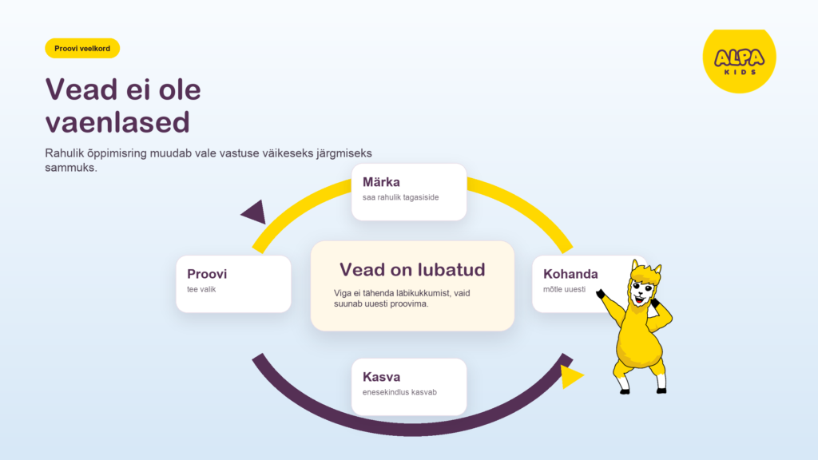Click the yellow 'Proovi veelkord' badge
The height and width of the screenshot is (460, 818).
click(82, 49)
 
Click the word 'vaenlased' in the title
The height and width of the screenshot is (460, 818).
click(117, 122)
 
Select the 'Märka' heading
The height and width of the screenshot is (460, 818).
click(381, 182)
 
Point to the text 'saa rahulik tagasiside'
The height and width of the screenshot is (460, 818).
click(401, 198)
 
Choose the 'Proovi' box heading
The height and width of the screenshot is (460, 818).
click(207, 274)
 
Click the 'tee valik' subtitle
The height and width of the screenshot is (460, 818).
click(201, 289)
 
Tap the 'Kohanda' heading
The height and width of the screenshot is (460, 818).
click(570, 274)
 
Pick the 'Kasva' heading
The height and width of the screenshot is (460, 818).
click(381, 377)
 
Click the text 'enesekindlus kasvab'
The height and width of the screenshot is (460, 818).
click(399, 392)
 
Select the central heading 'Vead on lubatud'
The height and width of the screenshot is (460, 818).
click(412, 270)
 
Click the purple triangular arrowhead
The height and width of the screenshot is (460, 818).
click(255, 212)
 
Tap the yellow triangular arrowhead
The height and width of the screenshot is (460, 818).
click(571, 377)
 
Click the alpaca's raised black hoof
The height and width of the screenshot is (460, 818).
click(601, 294)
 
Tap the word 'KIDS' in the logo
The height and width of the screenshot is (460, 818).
click(740, 72)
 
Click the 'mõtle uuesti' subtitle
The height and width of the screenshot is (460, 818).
click(565, 289)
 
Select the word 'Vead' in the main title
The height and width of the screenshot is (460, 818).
click(81, 89)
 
